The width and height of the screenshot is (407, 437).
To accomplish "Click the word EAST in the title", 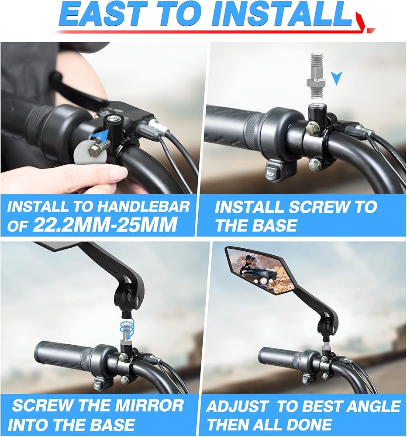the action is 103,14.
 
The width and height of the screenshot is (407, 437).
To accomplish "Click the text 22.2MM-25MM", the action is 105,224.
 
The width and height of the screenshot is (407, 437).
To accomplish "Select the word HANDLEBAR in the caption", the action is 144,207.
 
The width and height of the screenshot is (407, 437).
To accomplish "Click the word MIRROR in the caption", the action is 149,406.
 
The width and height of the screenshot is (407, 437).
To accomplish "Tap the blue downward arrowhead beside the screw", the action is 336,78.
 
